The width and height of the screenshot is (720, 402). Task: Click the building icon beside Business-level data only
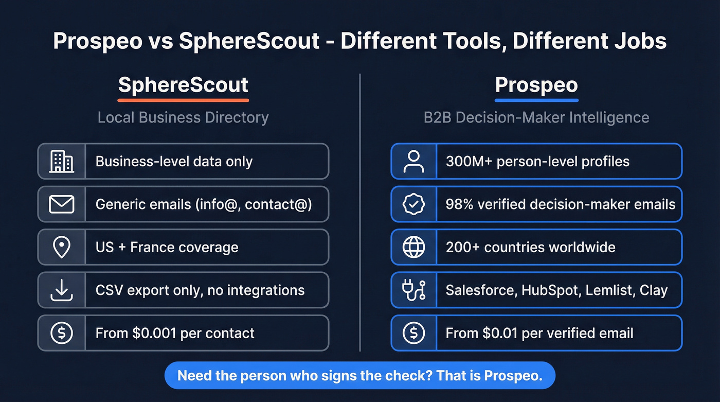[62, 162]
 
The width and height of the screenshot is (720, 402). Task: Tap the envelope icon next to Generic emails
[62, 204]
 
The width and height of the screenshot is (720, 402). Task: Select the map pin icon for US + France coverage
[62, 247]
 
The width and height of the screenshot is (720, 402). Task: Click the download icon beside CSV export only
[62, 290]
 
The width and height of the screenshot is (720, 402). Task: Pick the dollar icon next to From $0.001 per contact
[62, 333]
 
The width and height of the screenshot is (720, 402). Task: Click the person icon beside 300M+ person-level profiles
[413, 162]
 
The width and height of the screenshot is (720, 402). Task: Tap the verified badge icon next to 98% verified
[413, 204]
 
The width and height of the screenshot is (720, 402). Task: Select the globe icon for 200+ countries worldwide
[413, 247]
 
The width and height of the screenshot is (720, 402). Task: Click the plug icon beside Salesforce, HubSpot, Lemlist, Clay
[413, 290]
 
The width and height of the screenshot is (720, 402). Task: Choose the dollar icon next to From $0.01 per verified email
[413, 333]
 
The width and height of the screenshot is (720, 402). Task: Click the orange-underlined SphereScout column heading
[183, 85]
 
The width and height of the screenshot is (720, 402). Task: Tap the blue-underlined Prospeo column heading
[536, 85]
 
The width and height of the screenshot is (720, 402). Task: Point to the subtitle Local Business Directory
[183, 117]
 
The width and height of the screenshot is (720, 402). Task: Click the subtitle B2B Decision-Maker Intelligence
[536, 117]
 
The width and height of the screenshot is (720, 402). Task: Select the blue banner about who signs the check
[360, 375]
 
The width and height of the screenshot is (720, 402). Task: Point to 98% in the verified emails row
[459, 204]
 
